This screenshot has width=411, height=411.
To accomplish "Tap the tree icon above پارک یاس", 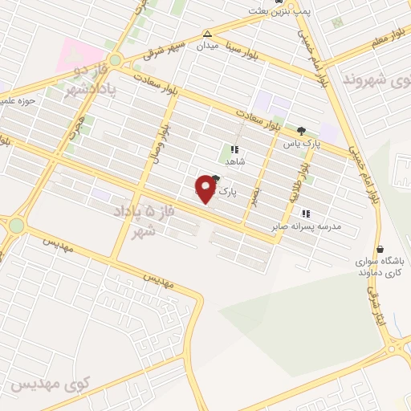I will point(301,131).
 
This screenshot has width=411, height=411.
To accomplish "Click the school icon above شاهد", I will point(234,149).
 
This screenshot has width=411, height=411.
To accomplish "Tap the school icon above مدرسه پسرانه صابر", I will point(305,214).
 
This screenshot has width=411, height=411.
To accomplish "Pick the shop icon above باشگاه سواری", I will point(379,249).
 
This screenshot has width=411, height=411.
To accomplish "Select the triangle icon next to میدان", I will point(208,35).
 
